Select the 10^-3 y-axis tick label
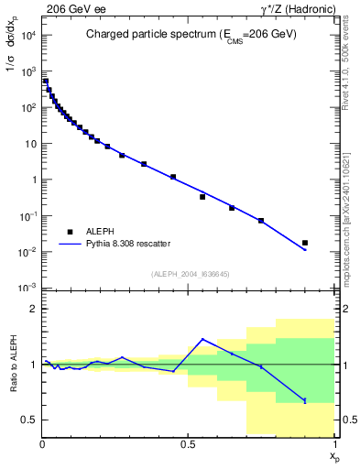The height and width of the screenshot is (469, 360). pyautogui.click(x=29, y=288)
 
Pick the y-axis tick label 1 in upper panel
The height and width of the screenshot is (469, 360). pyautogui.click(x=33, y=180)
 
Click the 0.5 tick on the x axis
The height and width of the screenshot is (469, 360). pyautogui.click(x=189, y=442)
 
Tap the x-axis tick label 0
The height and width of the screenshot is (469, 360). pyautogui.click(x=42, y=442)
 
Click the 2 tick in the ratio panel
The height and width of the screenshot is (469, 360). pyautogui.click(x=33, y=310)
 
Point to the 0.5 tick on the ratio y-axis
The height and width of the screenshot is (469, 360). pyautogui.click(x=29, y=420)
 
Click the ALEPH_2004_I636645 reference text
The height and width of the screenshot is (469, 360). pyautogui.click(x=189, y=274)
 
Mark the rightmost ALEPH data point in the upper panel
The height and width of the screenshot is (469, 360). pyautogui.click(x=305, y=243)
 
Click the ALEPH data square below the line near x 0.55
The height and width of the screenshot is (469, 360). pyautogui.click(x=202, y=197)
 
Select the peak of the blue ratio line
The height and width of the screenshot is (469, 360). pyautogui.click(x=202, y=339)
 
